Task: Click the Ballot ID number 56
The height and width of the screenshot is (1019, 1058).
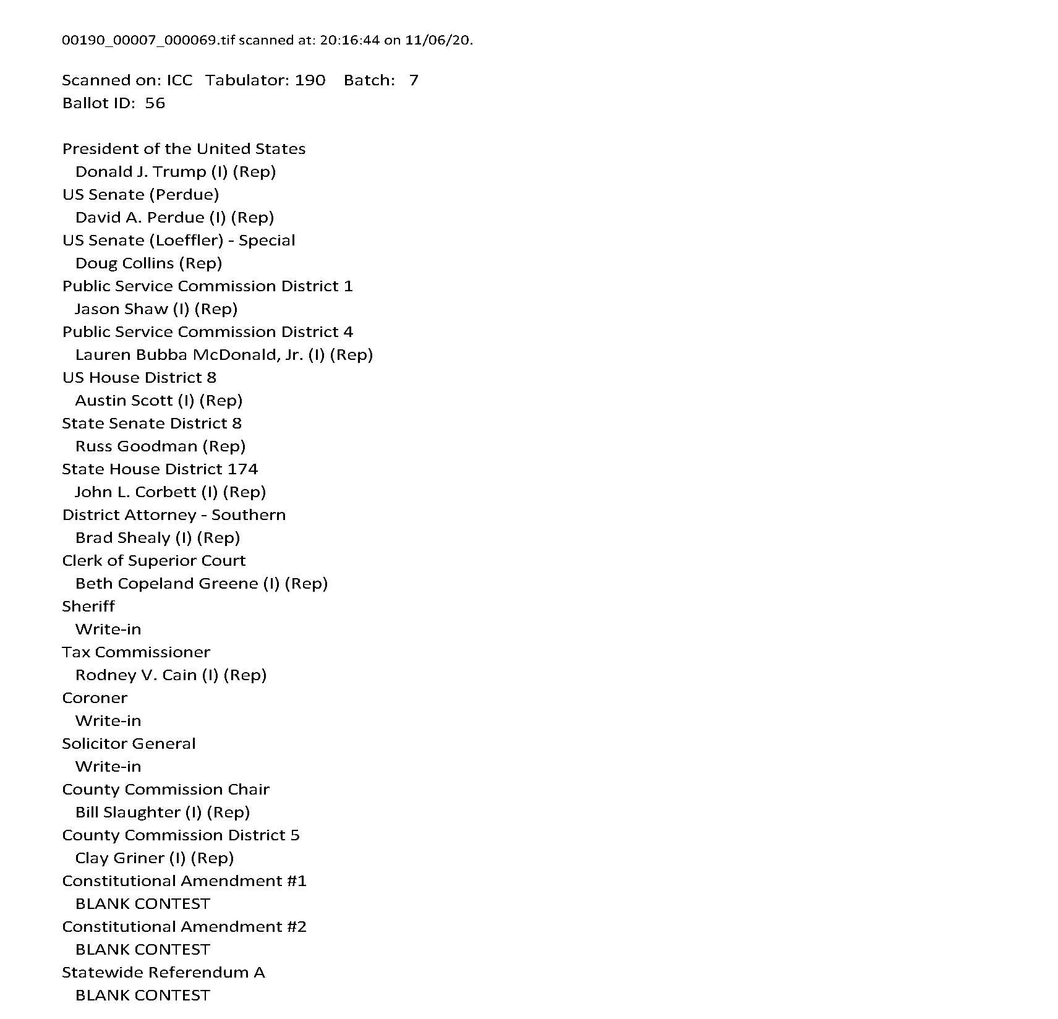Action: pos(155,103)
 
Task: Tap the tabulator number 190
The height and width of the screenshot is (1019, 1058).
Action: pos(310,80)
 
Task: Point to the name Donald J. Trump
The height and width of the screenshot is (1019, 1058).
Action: pos(140,172)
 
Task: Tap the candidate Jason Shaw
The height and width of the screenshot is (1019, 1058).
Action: pos(121,309)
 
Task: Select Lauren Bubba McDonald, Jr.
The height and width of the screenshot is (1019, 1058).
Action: pos(189,355)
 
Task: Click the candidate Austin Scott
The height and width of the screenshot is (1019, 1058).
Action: pos(124,401)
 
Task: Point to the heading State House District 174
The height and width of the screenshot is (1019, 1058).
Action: pos(160,469)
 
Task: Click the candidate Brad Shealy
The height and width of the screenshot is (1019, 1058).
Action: pos(122,538)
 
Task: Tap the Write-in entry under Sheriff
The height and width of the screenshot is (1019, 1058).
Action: pos(108,629)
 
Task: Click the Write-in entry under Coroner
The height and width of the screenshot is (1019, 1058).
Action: pos(108,721)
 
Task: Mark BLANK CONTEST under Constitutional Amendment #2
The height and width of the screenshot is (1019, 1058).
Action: pos(142,950)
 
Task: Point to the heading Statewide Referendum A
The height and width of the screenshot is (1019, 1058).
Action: pos(163,973)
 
